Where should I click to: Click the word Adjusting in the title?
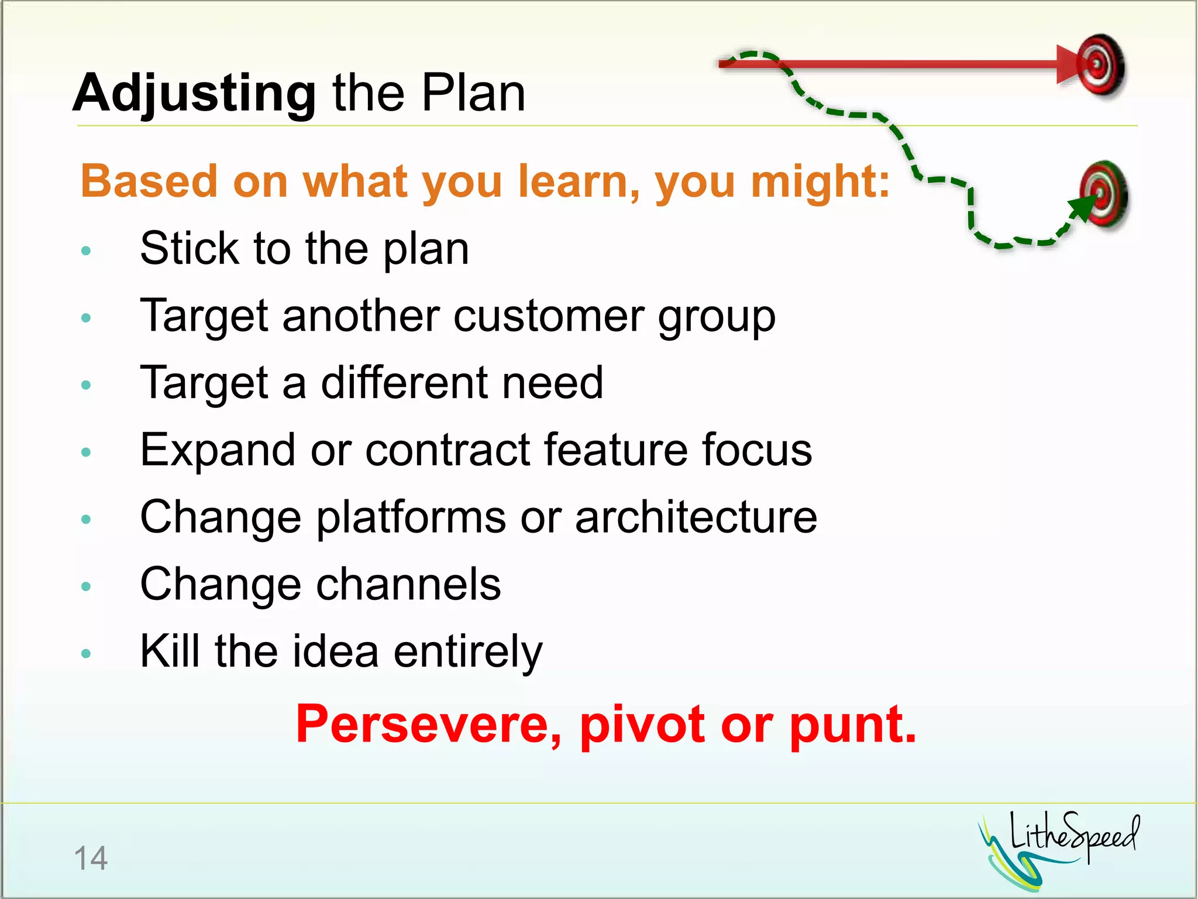pyautogui.click(x=194, y=94)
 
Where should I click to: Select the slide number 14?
pyautogui.click(x=91, y=859)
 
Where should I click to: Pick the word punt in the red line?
pyautogui.click(x=852, y=726)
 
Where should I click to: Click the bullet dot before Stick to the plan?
pyautogui.click(x=87, y=251)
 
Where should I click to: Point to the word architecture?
pyautogui.click(x=696, y=517)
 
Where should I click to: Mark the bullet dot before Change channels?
pyautogui.click(x=87, y=586)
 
